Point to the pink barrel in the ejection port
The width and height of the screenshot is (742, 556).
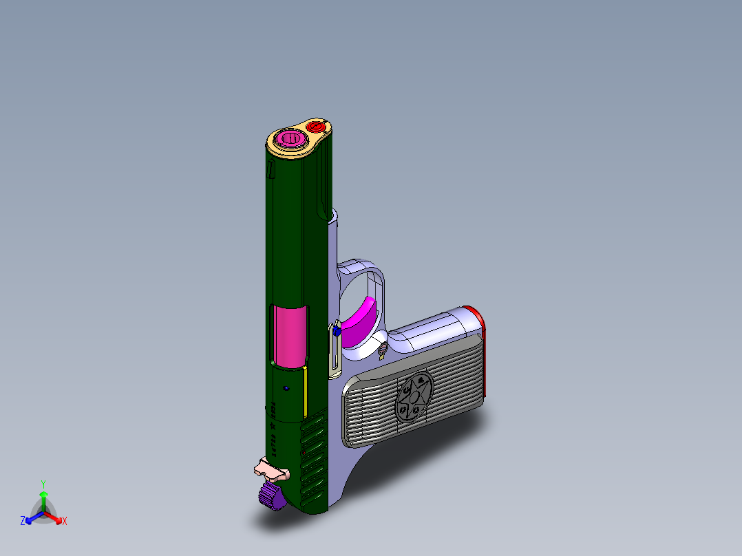tap(289, 335)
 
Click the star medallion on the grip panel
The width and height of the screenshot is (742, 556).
tap(412, 398)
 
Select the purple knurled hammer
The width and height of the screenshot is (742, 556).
tap(273, 497)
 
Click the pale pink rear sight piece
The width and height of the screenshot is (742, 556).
tap(271, 471)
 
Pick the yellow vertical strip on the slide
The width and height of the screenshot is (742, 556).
tap(305, 395)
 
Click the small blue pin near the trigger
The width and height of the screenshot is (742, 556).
tap(337, 331)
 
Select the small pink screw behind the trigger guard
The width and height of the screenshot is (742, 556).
tap(381, 354)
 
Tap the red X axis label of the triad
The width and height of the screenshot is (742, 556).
tap(64, 522)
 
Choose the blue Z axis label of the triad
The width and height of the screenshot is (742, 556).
tap(23, 522)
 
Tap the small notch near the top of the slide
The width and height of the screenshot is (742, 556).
tap(271, 169)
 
